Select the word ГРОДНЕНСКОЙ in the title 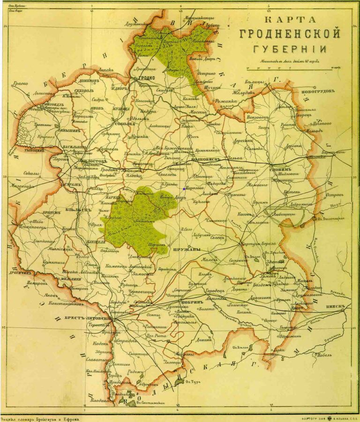(289, 35)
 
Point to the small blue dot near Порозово (184, 189)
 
